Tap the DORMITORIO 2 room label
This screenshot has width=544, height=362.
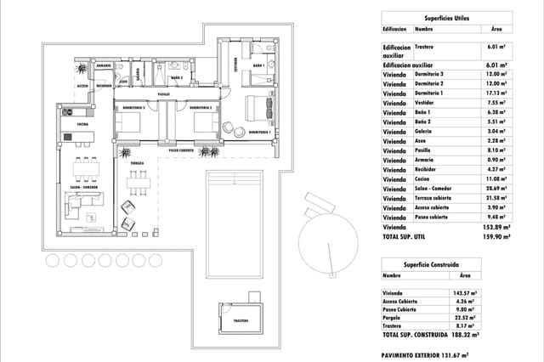(x=200, y=109)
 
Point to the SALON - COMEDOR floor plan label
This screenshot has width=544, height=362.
(x=82, y=188)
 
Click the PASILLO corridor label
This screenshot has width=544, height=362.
(x=164, y=94)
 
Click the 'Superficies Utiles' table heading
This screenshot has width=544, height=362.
(x=445, y=17)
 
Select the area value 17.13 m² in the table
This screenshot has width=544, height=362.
(x=496, y=93)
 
